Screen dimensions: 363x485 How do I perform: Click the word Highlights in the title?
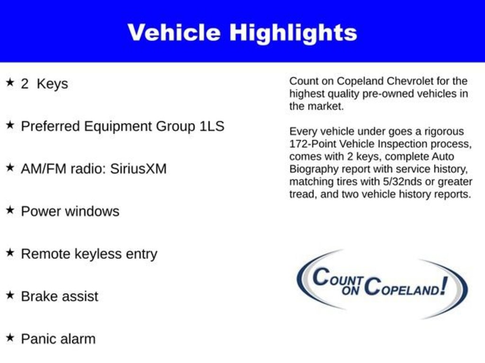(x=293, y=33)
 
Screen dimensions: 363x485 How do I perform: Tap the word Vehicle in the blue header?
(x=174, y=33)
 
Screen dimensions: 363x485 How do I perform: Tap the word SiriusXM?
(x=138, y=169)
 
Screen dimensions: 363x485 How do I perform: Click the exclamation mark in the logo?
(x=443, y=285)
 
